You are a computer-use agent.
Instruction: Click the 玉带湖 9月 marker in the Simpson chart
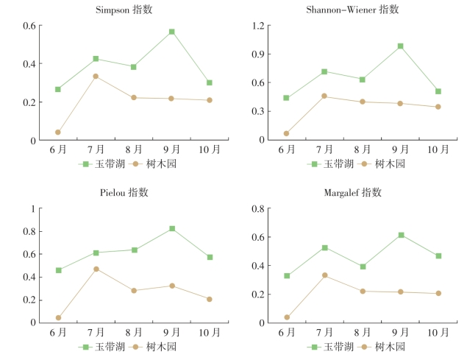[x=171, y=32]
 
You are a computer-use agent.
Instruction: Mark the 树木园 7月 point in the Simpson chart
[x=96, y=76]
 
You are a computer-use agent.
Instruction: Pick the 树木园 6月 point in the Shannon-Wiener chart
[x=286, y=133]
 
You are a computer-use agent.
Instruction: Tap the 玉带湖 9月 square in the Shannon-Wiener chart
[x=401, y=46]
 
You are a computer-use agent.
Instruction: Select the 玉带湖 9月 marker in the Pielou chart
[x=172, y=228]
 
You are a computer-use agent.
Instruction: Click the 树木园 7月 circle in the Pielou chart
[x=96, y=269]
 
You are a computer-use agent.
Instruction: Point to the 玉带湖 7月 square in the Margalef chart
[x=324, y=247]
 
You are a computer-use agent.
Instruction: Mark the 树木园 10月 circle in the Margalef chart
[x=438, y=293]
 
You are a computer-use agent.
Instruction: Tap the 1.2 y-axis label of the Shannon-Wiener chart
[x=258, y=26]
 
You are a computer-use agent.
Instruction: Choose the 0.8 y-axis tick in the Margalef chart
[x=258, y=208]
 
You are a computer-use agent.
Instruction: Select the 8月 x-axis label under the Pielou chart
[x=134, y=333]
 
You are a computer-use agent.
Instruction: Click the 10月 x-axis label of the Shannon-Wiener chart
[x=438, y=149]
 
